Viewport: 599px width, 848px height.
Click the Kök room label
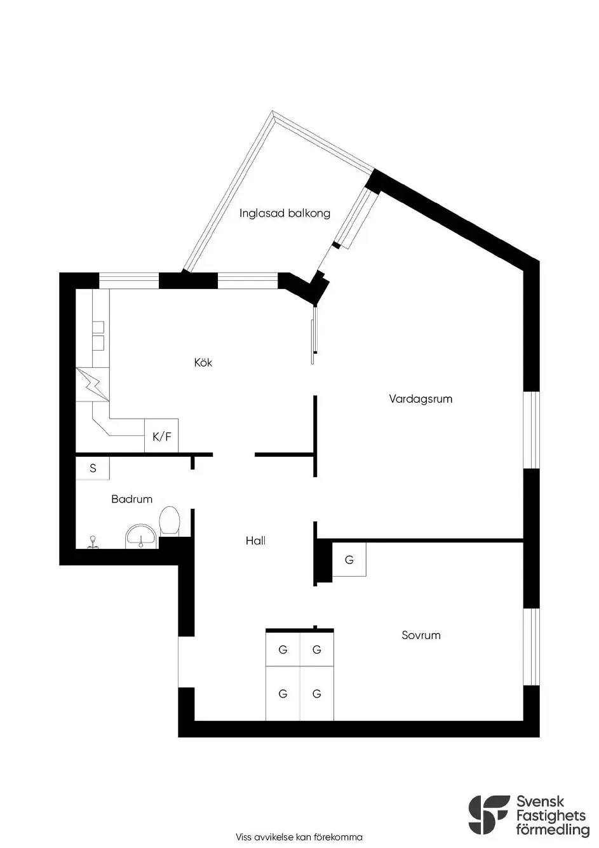click(203, 362)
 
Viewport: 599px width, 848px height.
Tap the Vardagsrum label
click(421, 399)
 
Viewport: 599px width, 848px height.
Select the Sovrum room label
click(421, 635)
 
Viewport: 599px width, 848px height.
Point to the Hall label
click(255, 541)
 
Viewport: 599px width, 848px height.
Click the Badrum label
click(131, 499)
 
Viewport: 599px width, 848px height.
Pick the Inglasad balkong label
click(285, 213)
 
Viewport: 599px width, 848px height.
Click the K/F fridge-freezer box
click(161, 435)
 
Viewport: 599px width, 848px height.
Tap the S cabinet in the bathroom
click(93, 468)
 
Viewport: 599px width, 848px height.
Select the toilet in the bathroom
click(170, 521)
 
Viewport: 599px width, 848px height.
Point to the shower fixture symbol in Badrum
click(91, 542)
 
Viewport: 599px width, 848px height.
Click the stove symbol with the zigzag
click(93, 384)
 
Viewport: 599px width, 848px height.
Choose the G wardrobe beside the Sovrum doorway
click(349, 560)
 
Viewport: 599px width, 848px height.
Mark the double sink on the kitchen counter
click(98, 335)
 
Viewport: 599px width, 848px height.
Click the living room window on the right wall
click(532, 429)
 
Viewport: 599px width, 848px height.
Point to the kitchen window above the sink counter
click(129, 281)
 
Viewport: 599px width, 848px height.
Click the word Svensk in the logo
click(541, 801)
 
